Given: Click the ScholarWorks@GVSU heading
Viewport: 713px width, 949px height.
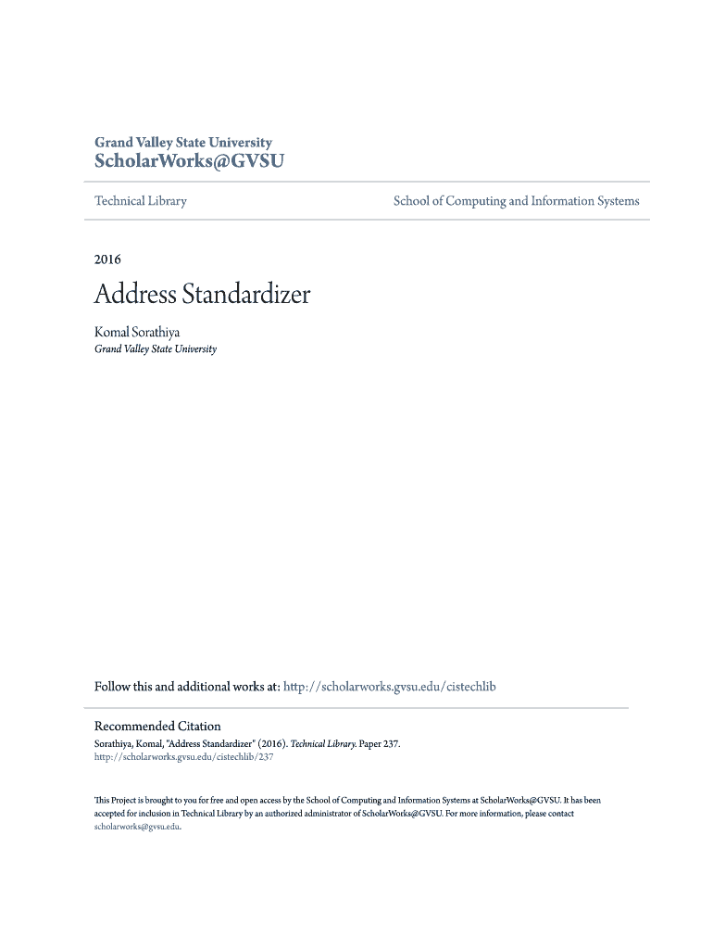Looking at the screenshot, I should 189,161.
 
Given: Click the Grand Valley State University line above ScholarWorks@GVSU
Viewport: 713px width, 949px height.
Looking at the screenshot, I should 183,143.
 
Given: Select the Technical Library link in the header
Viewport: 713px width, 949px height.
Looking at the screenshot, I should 141,201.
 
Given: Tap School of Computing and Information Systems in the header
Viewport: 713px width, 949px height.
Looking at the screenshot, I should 516,201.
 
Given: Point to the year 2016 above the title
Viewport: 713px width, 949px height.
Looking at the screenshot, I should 107,259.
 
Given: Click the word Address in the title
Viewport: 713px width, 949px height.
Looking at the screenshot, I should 134,296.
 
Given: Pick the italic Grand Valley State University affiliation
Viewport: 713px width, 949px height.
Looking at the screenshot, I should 156,349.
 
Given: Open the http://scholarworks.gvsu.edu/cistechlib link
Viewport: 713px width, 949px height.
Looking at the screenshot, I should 390,687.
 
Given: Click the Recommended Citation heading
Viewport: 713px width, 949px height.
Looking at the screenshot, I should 157,727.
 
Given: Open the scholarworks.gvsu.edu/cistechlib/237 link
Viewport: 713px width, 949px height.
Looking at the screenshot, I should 184,756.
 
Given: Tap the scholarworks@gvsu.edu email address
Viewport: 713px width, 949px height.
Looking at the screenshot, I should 137,827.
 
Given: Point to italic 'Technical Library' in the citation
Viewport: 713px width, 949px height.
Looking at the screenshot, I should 318,743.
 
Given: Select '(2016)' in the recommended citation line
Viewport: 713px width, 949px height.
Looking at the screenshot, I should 268,743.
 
